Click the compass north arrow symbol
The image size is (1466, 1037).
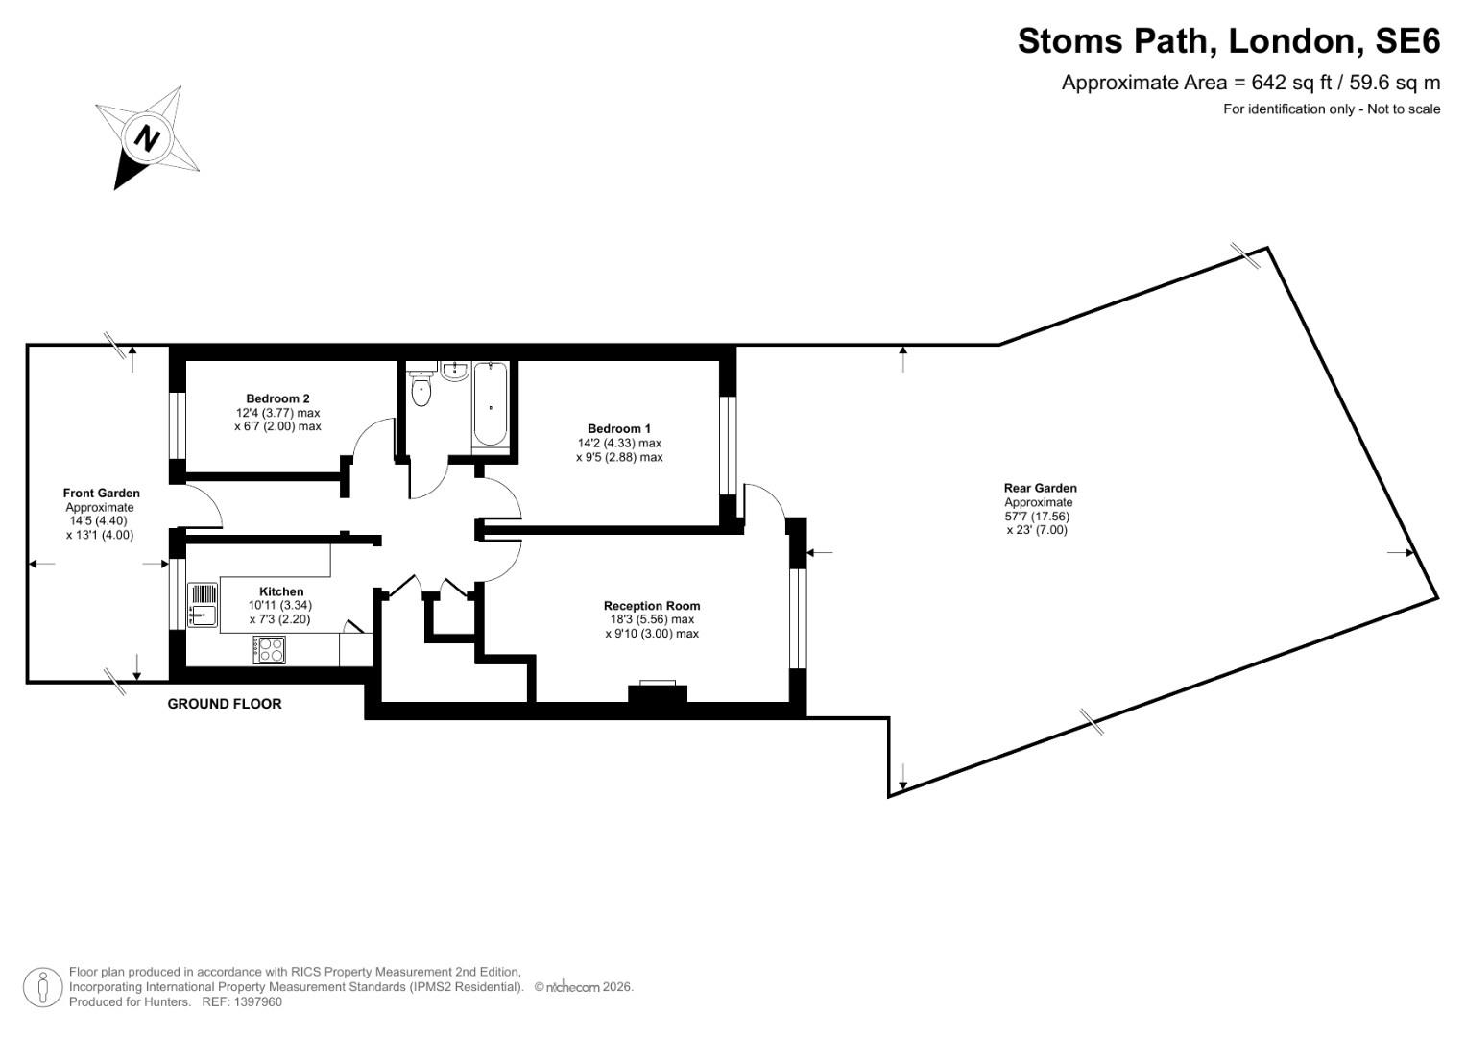[147, 138]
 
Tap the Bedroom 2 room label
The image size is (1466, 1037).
[277, 398]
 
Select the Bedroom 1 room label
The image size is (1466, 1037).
[619, 428]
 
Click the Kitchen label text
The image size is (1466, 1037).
[281, 591]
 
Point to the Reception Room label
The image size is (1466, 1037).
[652, 606]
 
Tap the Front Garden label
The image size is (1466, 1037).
[102, 494]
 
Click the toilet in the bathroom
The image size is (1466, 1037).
[421, 389]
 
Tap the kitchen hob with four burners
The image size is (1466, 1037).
[270, 650]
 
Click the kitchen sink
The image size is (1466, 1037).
[203, 604]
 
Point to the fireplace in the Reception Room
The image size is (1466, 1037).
[658, 693]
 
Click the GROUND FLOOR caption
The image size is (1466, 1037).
[225, 704]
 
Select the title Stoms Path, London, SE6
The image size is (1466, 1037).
[1229, 41]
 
